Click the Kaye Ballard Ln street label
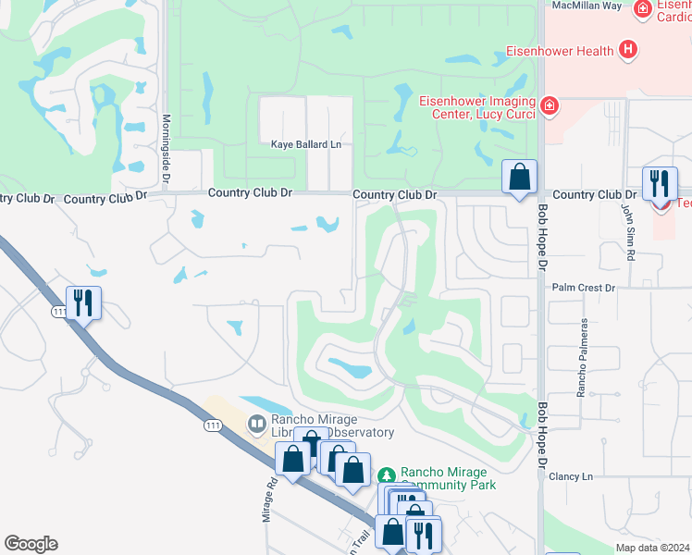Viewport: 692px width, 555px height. point(305,144)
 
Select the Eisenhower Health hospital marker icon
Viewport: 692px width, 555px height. point(628,49)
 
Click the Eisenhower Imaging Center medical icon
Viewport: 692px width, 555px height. point(550,105)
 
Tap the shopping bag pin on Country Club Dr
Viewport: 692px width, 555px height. point(520,176)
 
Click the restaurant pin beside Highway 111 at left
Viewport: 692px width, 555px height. point(83,302)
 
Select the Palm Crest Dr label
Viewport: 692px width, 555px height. point(583,288)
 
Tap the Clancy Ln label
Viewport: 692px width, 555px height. point(569,476)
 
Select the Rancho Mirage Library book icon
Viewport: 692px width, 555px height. point(256,424)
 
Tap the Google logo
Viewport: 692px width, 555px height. point(31,544)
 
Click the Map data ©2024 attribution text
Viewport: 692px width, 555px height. point(652,548)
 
